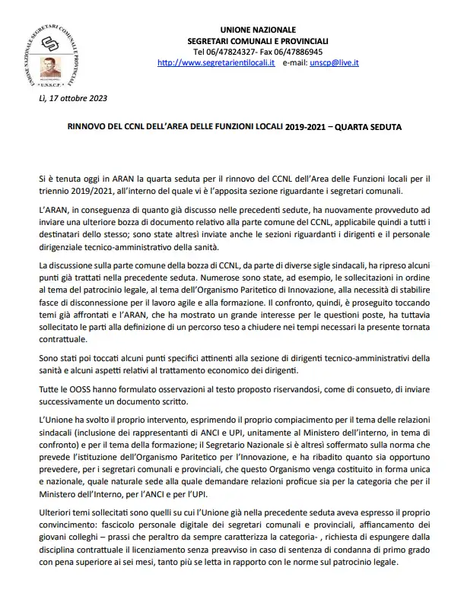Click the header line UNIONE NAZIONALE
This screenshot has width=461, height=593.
click(x=259, y=29)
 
